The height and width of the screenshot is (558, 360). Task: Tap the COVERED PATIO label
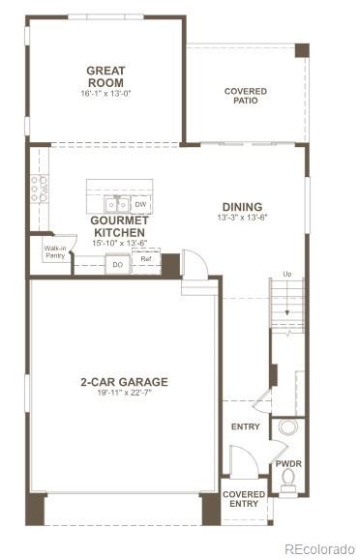tap(246, 97)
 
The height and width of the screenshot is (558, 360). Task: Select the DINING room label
tap(242, 206)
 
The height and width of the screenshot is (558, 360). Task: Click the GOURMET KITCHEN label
tap(118, 226)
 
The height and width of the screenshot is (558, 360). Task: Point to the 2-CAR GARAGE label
tap(124, 382)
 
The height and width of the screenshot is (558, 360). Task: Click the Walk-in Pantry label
tap(55, 252)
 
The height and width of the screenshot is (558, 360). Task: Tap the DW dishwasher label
tap(140, 204)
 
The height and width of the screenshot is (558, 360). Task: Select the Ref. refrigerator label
tap(146, 259)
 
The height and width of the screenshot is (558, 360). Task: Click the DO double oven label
tap(117, 264)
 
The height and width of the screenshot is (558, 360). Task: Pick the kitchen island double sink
tap(117, 204)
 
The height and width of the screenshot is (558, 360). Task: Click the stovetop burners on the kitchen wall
tap(39, 188)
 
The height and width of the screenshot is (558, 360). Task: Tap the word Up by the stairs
tap(286, 274)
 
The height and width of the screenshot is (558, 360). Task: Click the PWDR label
tap(288, 463)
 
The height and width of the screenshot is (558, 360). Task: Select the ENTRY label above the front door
tap(245, 426)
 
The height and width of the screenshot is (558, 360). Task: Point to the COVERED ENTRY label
tap(244, 498)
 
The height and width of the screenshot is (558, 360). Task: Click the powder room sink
tap(288, 427)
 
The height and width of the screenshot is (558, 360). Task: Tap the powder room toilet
tap(288, 486)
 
